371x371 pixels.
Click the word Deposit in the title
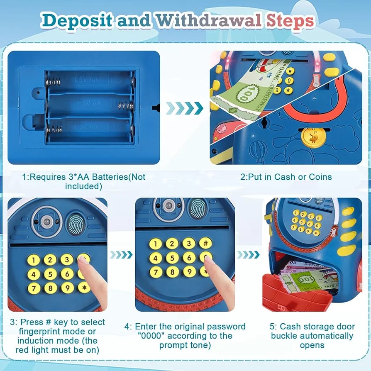click(76, 21)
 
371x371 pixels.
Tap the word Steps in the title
click(290, 21)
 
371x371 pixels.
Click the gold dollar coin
click(313, 137)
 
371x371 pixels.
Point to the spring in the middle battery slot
click(126, 106)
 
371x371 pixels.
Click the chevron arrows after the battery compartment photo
click(184, 108)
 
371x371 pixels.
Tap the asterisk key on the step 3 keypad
click(84, 288)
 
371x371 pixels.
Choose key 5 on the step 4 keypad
click(172, 258)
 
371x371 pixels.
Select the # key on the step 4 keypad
click(205, 243)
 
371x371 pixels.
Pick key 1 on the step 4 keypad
click(156, 244)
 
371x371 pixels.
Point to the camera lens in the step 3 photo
click(46, 222)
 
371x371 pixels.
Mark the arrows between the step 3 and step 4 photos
click(121, 254)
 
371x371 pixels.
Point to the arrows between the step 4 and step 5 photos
click(248, 254)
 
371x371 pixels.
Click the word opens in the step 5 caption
click(312, 345)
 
